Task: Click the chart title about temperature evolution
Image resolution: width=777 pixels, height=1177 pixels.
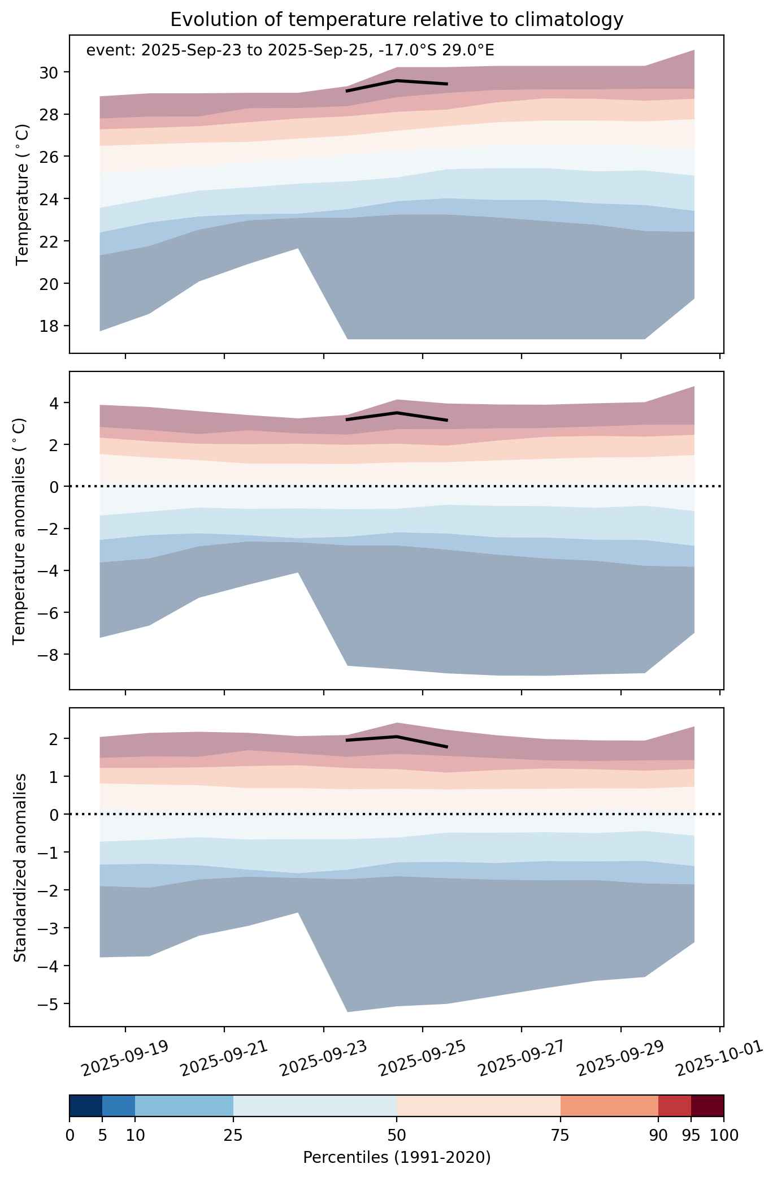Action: [x=397, y=20]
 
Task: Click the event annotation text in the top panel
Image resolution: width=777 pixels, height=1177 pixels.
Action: [x=290, y=51]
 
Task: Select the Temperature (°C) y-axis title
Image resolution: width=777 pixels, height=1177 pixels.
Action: [x=23, y=194]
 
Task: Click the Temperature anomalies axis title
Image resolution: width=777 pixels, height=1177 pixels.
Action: [x=20, y=530]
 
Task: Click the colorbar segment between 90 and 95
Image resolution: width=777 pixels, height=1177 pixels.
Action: [x=675, y=1105]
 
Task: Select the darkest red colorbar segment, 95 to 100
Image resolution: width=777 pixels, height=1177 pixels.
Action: [x=707, y=1105]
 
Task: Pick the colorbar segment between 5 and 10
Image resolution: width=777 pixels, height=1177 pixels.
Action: [x=119, y=1105]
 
